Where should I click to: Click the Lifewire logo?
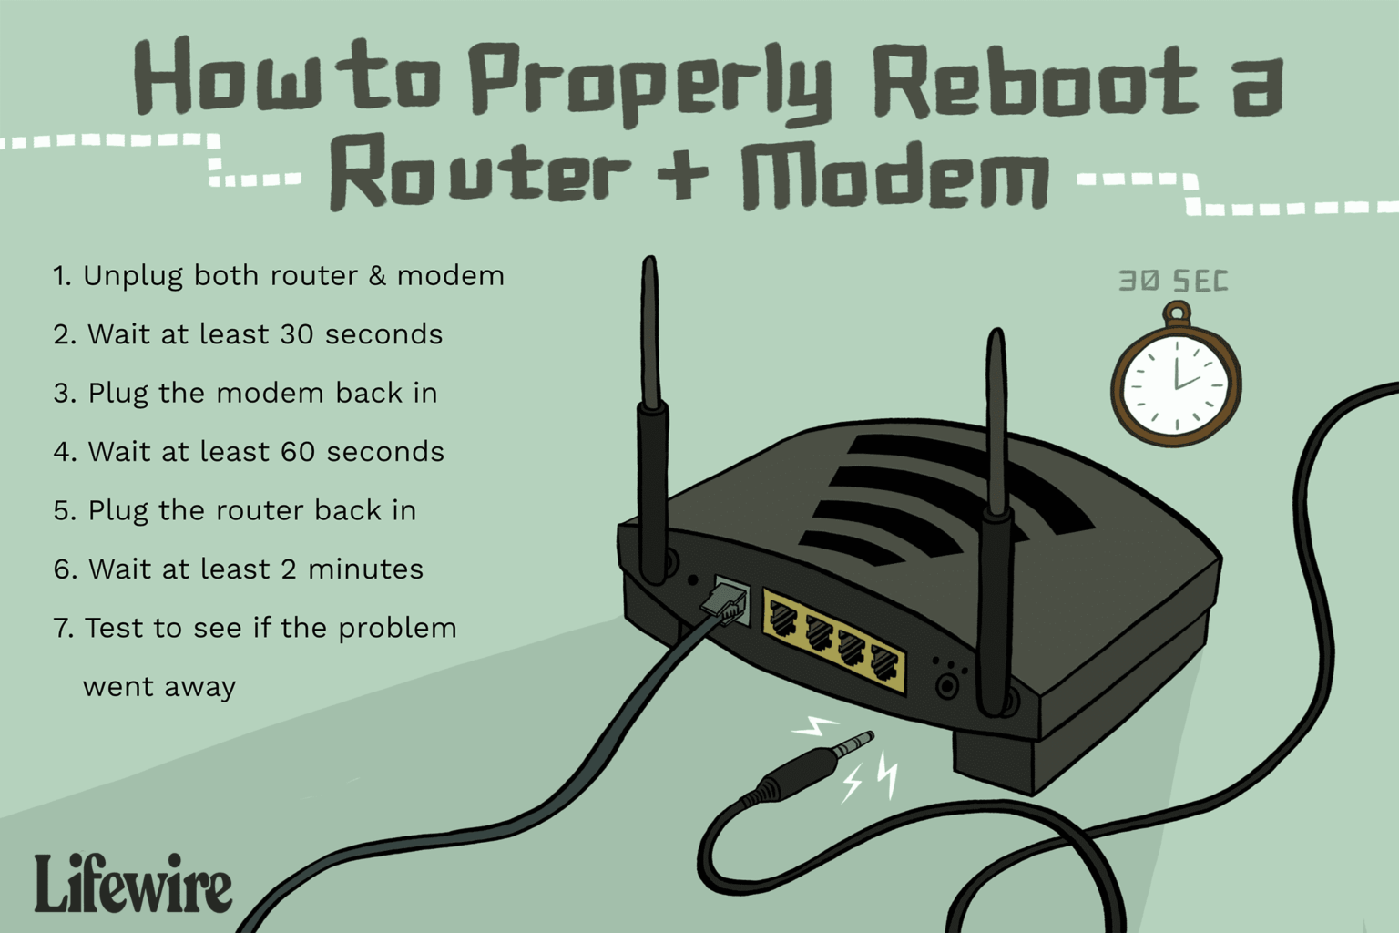[134, 883]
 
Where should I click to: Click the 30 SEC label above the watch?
[1173, 282]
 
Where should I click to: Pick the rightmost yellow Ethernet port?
[883, 664]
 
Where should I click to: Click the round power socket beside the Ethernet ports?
[949, 684]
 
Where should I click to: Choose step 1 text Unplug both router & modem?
[279, 275]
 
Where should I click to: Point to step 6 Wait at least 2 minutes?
[239, 569]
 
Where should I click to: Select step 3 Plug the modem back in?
[246, 393]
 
